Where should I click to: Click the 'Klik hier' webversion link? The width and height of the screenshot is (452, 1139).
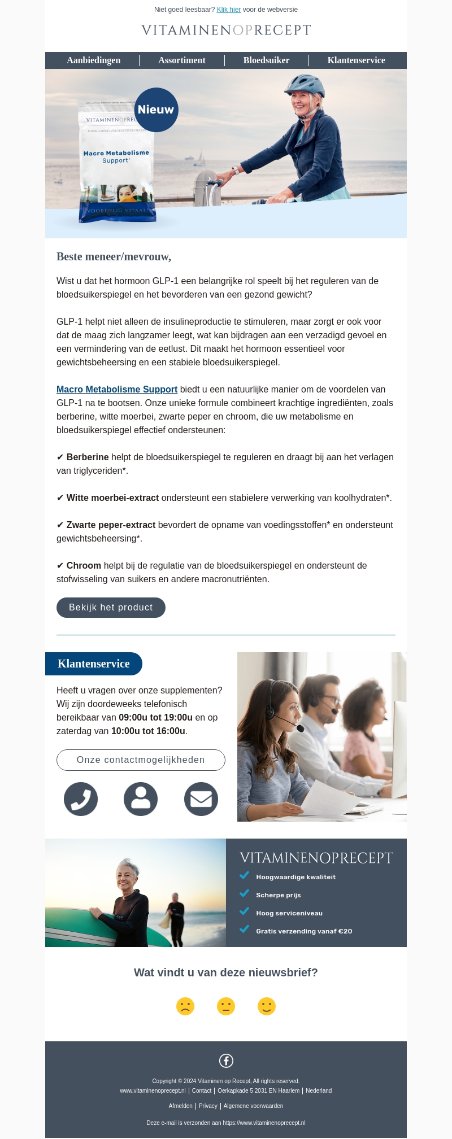[229, 10]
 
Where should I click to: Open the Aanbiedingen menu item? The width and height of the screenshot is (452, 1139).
[94, 60]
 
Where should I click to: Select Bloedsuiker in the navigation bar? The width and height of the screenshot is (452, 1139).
[266, 60]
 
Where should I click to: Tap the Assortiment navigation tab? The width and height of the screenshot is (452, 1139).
[182, 60]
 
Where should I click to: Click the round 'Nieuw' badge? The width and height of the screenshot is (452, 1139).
[156, 110]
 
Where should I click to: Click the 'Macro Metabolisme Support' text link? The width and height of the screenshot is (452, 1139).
[117, 390]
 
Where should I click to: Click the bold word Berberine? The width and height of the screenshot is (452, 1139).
[88, 457]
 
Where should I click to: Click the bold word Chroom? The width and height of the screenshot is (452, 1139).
[84, 566]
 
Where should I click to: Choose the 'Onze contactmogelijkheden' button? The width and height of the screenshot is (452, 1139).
[141, 760]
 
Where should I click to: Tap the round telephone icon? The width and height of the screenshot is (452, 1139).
[81, 799]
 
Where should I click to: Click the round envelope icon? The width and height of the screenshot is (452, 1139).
[201, 799]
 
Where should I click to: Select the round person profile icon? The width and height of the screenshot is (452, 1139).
[141, 799]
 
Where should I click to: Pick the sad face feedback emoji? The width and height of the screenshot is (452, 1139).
[185, 1006]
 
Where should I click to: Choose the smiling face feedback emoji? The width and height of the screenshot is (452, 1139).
[267, 1006]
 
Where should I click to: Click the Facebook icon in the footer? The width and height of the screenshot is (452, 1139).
[226, 1061]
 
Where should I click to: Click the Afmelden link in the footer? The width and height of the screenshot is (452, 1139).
[180, 1106]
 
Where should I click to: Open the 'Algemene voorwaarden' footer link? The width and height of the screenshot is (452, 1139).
[253, 1106]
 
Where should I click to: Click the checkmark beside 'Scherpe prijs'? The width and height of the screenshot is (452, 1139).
[244, 893]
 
